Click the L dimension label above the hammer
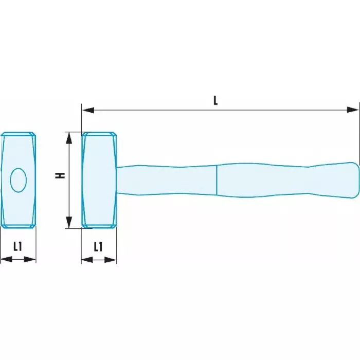(215, 101)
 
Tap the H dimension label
(60, 175)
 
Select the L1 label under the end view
(17, 246)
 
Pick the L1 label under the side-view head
(98, 247)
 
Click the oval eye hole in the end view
(19, 180)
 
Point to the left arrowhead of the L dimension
(88, 110)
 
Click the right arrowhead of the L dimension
(353, 110)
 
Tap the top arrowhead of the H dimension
(69, 138)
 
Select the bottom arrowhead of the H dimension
(69, 222)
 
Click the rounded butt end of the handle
(355, 180)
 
